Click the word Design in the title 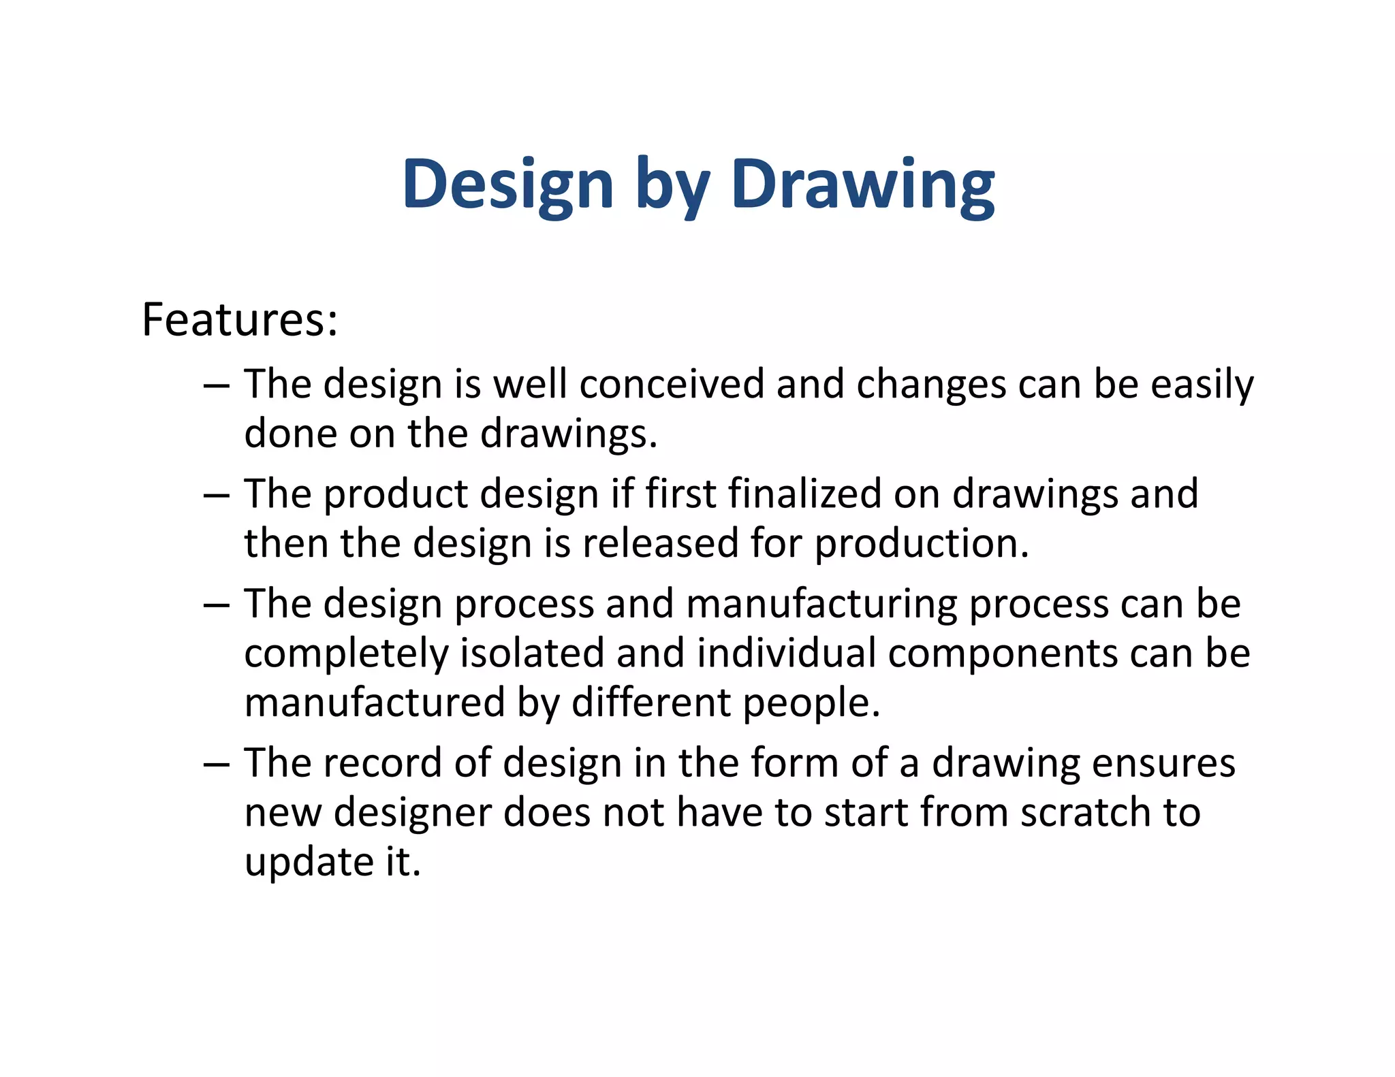(507, 184)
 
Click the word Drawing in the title (862, 184)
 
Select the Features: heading (240, 319)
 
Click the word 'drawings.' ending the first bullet (569, 435)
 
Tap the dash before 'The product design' (216, 495)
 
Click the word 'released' (660, 543)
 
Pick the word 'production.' (922, 545)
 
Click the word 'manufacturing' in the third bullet (821, 604)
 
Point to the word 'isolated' (532, 653)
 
